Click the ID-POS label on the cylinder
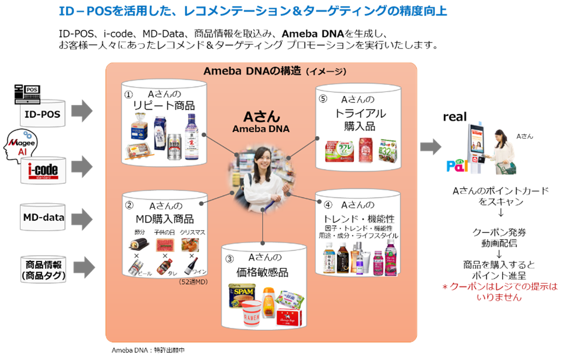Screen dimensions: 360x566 point(43,114)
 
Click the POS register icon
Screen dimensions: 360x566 point(27,94)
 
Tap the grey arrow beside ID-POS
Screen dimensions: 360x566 point(82,111)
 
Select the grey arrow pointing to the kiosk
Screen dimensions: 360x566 point(431,147)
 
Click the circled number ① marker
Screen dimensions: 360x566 point(128,95)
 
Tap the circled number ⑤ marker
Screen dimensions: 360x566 point(323,99)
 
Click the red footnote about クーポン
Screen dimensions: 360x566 point(499,292)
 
